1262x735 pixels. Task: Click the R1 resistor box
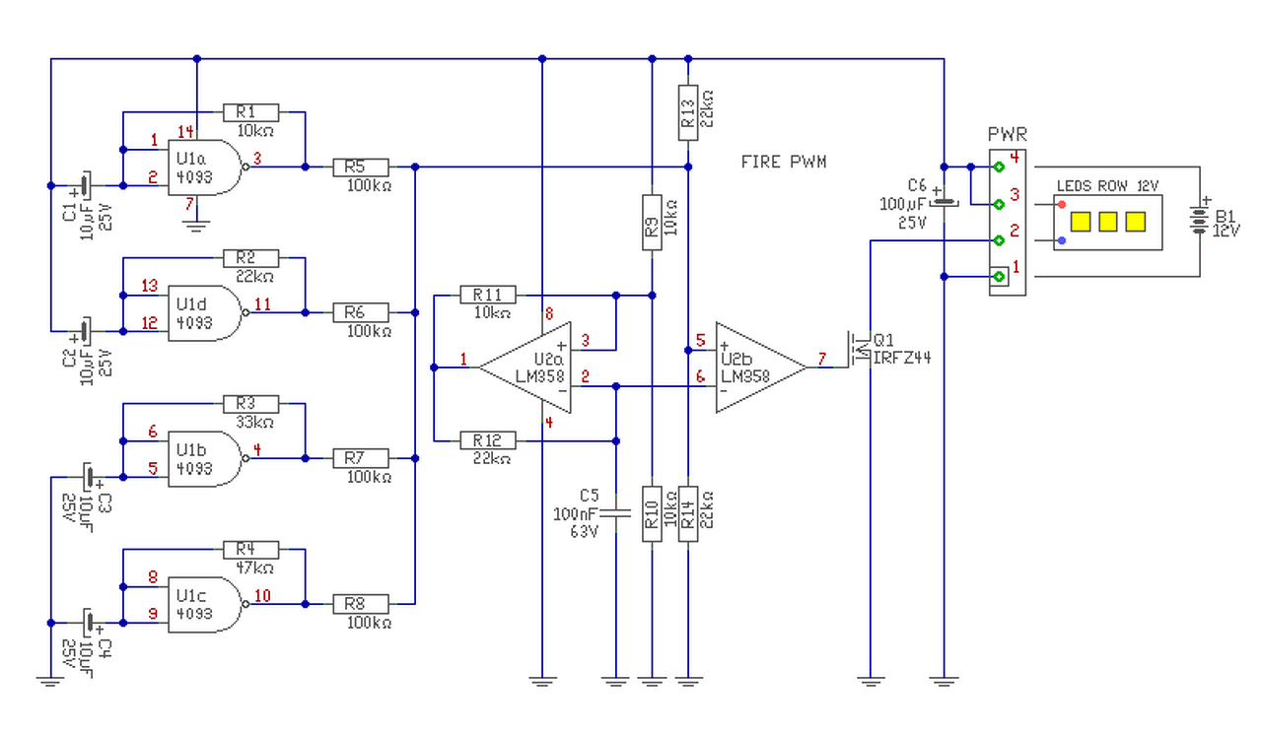(x=250, y=111)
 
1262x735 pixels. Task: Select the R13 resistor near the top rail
(x=689, y=107)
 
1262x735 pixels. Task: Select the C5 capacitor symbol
(x=614, y=512)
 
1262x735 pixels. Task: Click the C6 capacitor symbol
(x=945, y=202)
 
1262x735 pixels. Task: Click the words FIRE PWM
(x=784, y=162)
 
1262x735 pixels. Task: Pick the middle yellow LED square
(x=1107, y=221)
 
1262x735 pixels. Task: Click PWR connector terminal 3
(x=999, y=204)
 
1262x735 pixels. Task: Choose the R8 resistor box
(x=361, y=603)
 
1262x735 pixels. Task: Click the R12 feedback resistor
(x=487, y=440)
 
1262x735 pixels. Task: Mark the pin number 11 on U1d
(x=262, y=304)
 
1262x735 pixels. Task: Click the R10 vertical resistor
(x=652, y=513)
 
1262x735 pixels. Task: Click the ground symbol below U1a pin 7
(x=197, y=226)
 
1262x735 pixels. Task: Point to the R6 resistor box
(x=361, y=312)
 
